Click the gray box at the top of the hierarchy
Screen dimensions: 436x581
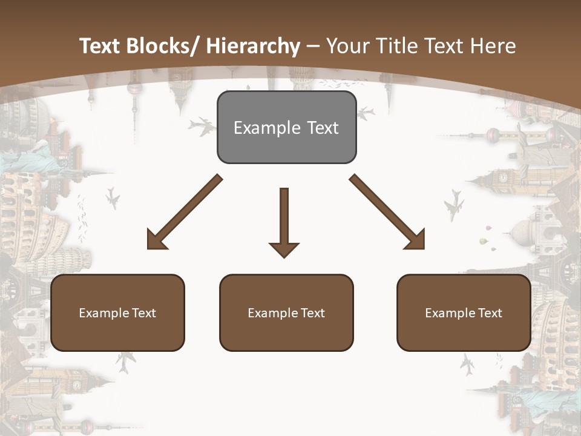click(x=286, y=127)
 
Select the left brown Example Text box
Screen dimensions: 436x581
click(x=117, y=312)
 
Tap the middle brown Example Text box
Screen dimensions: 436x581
click(x=286, y=312)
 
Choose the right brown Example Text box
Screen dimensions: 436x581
click(x=464, y=312)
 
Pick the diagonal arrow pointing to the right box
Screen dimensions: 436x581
click(x=388, y=213)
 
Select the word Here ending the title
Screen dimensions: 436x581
click(x=494, y=46)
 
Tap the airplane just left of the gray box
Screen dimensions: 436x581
click(x=202, y=127)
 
